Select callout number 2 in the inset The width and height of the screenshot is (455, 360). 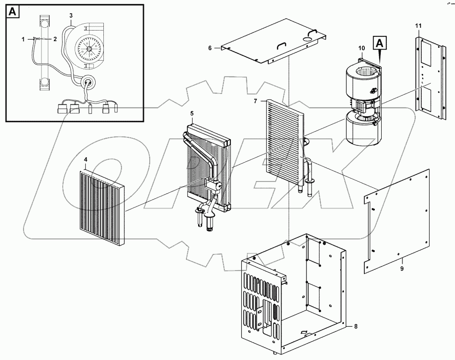(55, 39)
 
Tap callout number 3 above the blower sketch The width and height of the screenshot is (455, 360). (71, 15)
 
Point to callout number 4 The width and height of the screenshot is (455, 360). (86, 159)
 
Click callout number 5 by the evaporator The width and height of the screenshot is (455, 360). (192, 113)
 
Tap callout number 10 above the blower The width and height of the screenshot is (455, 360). (362, 48)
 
